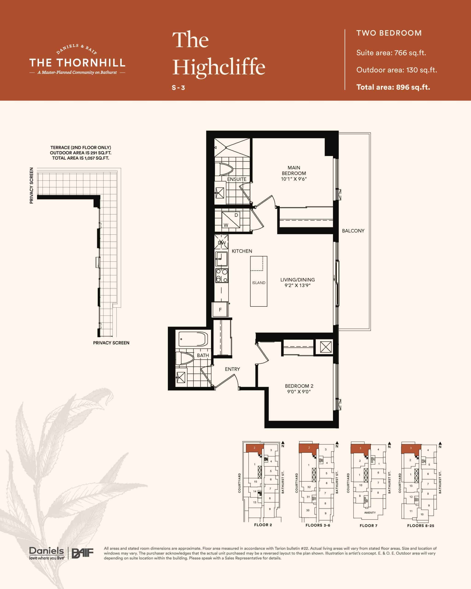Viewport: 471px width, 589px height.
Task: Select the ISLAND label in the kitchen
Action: [x=258, y=283]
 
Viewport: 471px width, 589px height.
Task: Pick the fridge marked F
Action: [x=220, y=310]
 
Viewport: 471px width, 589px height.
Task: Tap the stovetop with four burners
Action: [x=221, y=276]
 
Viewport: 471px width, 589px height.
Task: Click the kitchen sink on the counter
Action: [x=221, y=259]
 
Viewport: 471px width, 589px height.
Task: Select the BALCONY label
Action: [x=353, y=231]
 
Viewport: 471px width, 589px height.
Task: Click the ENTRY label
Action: [x=232, y=369]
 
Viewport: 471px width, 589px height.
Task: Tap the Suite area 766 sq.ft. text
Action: [x=391, y=53]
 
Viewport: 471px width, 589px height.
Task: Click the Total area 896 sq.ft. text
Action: [x=393, y=87]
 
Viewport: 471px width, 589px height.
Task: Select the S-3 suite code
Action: [x=178, y=88]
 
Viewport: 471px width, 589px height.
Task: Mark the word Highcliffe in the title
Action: [x=219, y=67]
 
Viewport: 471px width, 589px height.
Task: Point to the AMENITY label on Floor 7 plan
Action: [x=370, y=513]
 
